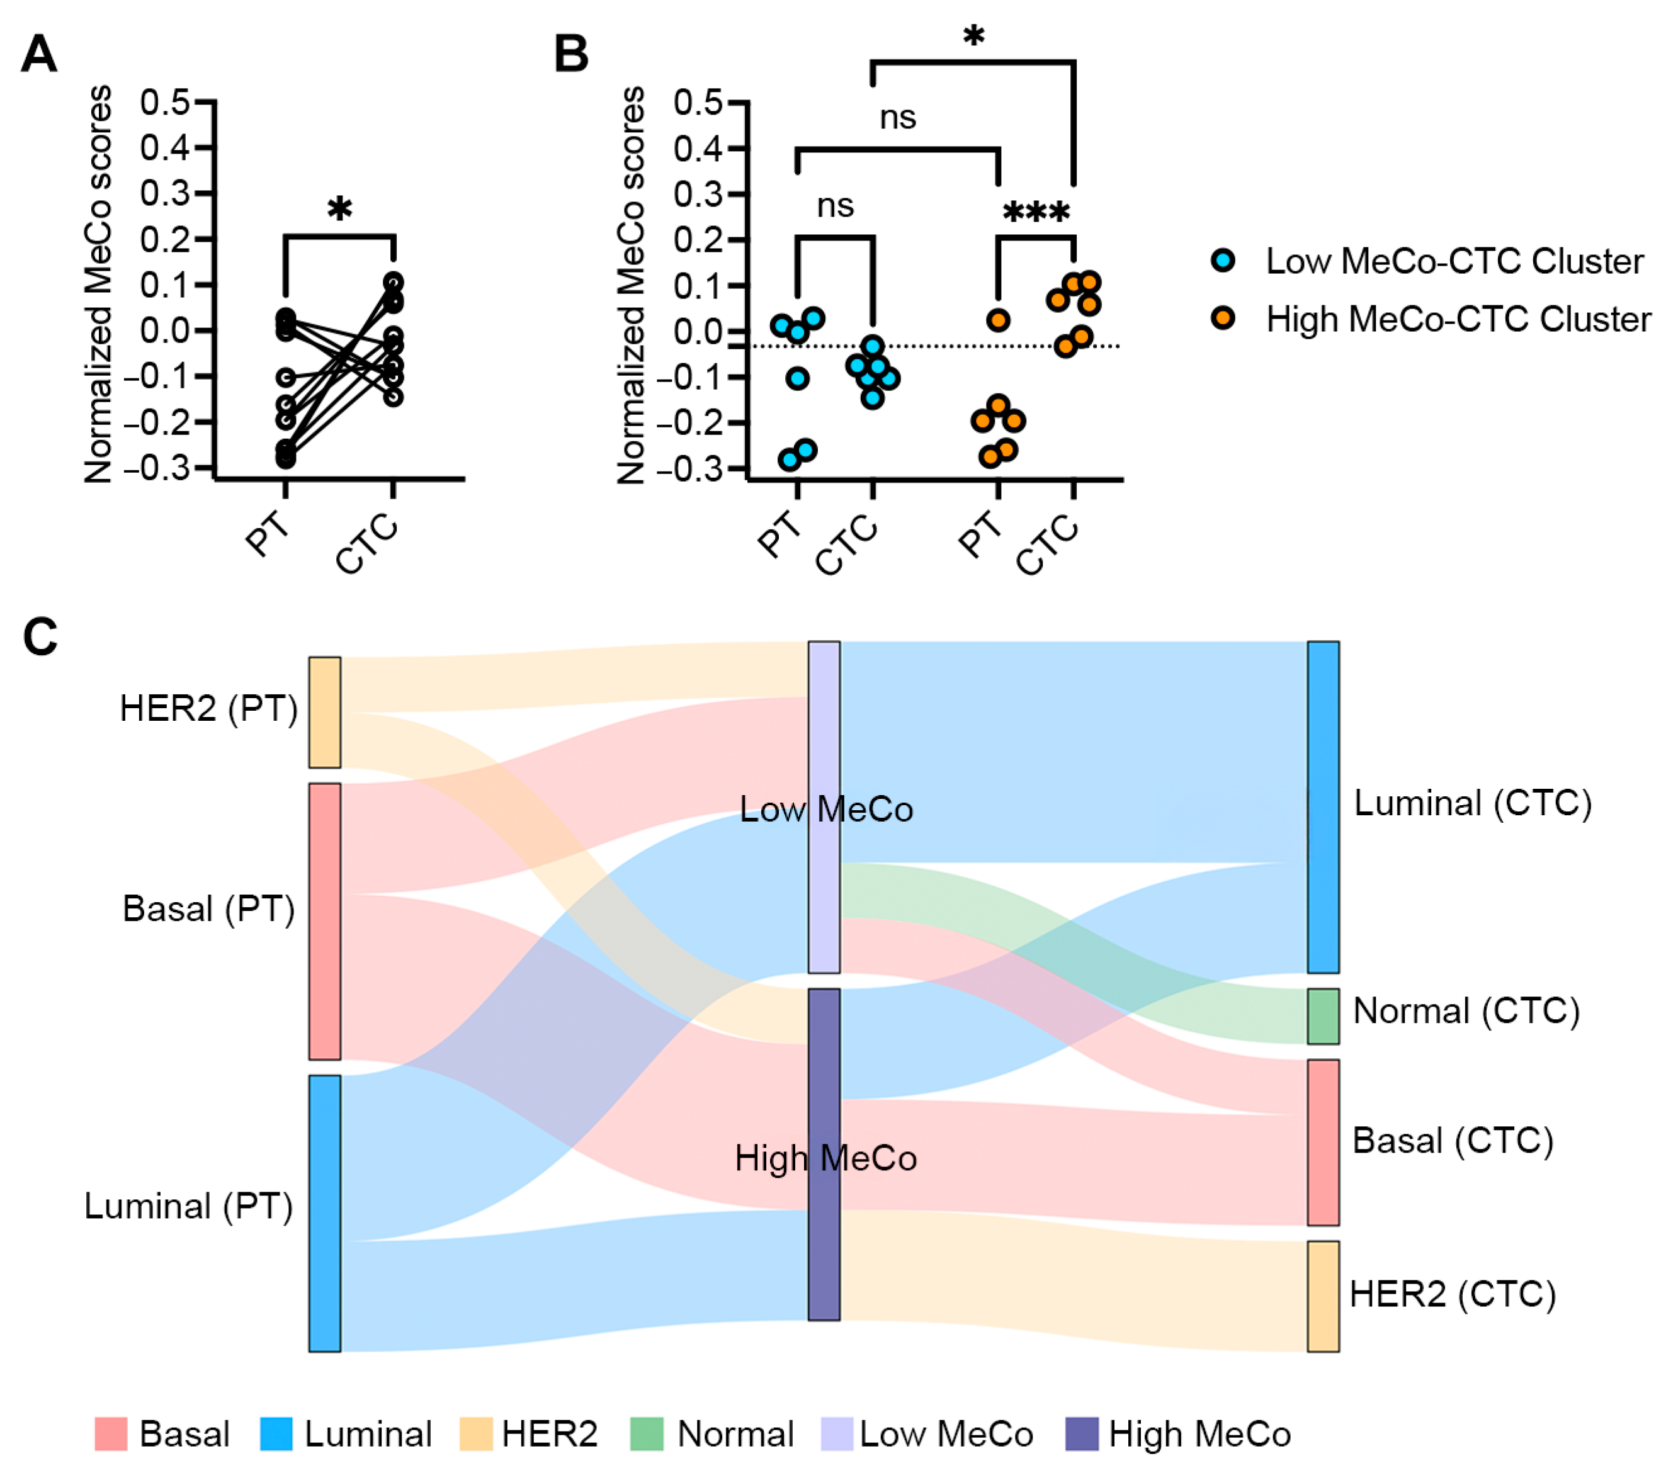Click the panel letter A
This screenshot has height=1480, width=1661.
(39, 55)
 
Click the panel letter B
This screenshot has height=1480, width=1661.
(571, 55)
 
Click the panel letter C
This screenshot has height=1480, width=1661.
(40, 636)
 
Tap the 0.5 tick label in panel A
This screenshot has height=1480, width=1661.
(165, 103)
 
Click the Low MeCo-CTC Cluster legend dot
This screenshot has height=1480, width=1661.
(1223, 260)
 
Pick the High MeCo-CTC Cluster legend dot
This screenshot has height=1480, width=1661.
(1223, 318)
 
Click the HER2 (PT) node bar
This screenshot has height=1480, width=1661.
(324, 713)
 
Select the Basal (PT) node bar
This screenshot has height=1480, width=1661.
(324, 922)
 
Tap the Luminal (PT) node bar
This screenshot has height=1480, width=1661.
(324, 1213)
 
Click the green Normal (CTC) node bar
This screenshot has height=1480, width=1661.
(1323, 1015)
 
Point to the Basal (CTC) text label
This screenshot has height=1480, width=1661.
(1453, 1141)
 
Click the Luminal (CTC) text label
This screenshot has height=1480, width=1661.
(1472, 803)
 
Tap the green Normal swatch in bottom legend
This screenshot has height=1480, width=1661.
(647, 1433)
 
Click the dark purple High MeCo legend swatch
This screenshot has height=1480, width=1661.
(1082, 1433)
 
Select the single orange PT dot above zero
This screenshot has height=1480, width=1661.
(998, 320)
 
